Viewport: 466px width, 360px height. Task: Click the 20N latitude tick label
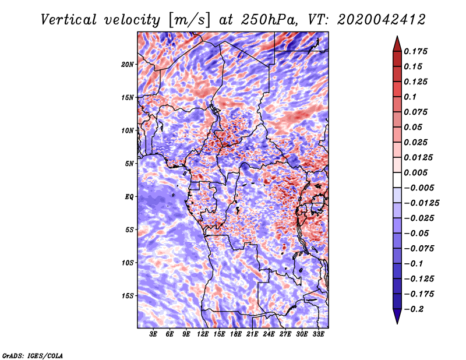tap(128, 64)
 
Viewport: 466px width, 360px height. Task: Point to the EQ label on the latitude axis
tap(129, 197)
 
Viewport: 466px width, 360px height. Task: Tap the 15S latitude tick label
tap(128, 296)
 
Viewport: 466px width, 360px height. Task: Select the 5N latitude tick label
tap(129, 164)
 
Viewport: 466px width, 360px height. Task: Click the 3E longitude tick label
tap(154, 335)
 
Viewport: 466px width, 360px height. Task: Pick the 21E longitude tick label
tap(252, 335)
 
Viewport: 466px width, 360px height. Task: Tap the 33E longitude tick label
tap(318, 335)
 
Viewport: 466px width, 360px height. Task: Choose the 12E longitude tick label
tap(203, 335)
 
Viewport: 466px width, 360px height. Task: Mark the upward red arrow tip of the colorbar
tap(397, 38)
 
